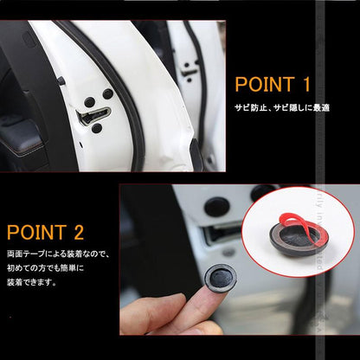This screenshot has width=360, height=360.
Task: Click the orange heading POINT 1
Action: (272, 87)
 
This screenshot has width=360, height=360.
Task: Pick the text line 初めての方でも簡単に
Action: (48, 268)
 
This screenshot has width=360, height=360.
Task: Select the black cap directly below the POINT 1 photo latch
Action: (96, 128)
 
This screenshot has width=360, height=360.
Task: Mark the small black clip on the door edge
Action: (61, 80)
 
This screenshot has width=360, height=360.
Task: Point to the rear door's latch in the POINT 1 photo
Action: (189, 71)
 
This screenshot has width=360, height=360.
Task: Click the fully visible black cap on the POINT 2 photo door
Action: (216, 208)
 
